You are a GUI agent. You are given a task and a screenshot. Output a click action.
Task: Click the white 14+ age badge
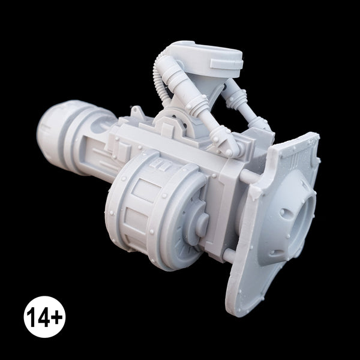tap(44, 317)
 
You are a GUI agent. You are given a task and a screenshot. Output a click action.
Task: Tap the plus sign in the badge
tap(56, 317)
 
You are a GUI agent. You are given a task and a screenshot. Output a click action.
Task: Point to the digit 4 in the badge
tap(43, 317)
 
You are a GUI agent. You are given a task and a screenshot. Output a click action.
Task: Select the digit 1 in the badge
tap(31, 317)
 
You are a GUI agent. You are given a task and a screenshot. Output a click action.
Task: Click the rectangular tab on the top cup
tap(226, 64)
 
